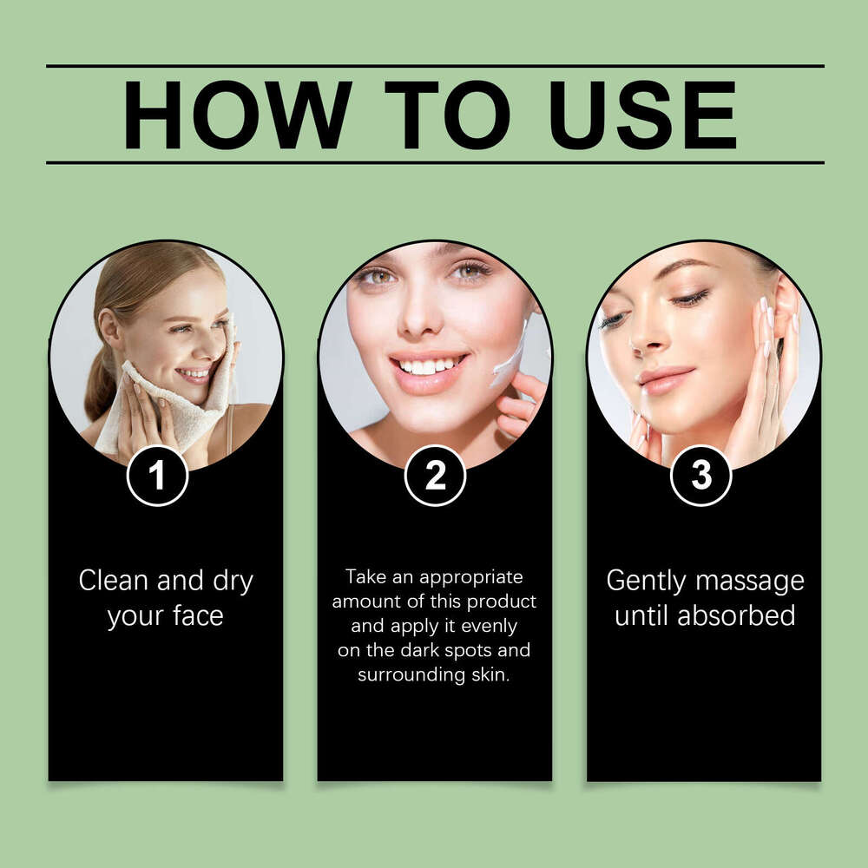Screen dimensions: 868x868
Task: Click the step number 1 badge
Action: click(157, 475)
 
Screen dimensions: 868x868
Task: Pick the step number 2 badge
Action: click(435, 475)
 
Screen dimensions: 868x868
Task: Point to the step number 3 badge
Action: click(700, 475)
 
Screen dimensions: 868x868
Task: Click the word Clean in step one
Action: click(114, 581)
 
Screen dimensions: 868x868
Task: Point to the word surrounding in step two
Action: click(401, 674)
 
